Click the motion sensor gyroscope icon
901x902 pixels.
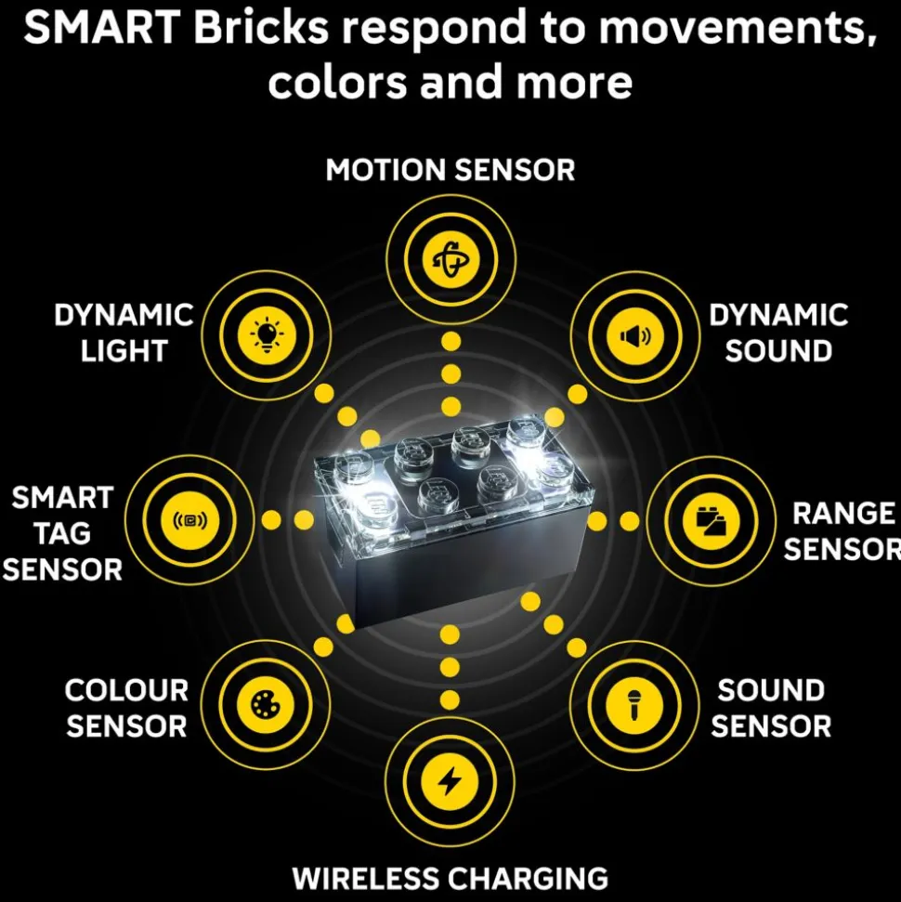coord(450,258)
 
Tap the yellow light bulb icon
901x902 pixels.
coord(267,336)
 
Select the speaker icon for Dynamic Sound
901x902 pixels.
coord(635,336)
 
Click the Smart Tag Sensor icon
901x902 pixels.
coord(189,520)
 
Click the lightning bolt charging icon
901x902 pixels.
coord(450,782)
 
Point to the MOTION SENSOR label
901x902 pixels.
coord(450,170)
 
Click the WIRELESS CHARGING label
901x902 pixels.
coord(450,879)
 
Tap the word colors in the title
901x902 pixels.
coord(337,82)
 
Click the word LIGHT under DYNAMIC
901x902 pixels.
coord(124,351)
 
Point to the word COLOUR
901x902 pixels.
coord(126,690)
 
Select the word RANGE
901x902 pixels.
coord(843,513)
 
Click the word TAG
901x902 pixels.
coord(63,533)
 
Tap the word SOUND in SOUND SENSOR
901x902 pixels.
coord(771,690)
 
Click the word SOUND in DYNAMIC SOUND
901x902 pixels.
coord(778,351)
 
